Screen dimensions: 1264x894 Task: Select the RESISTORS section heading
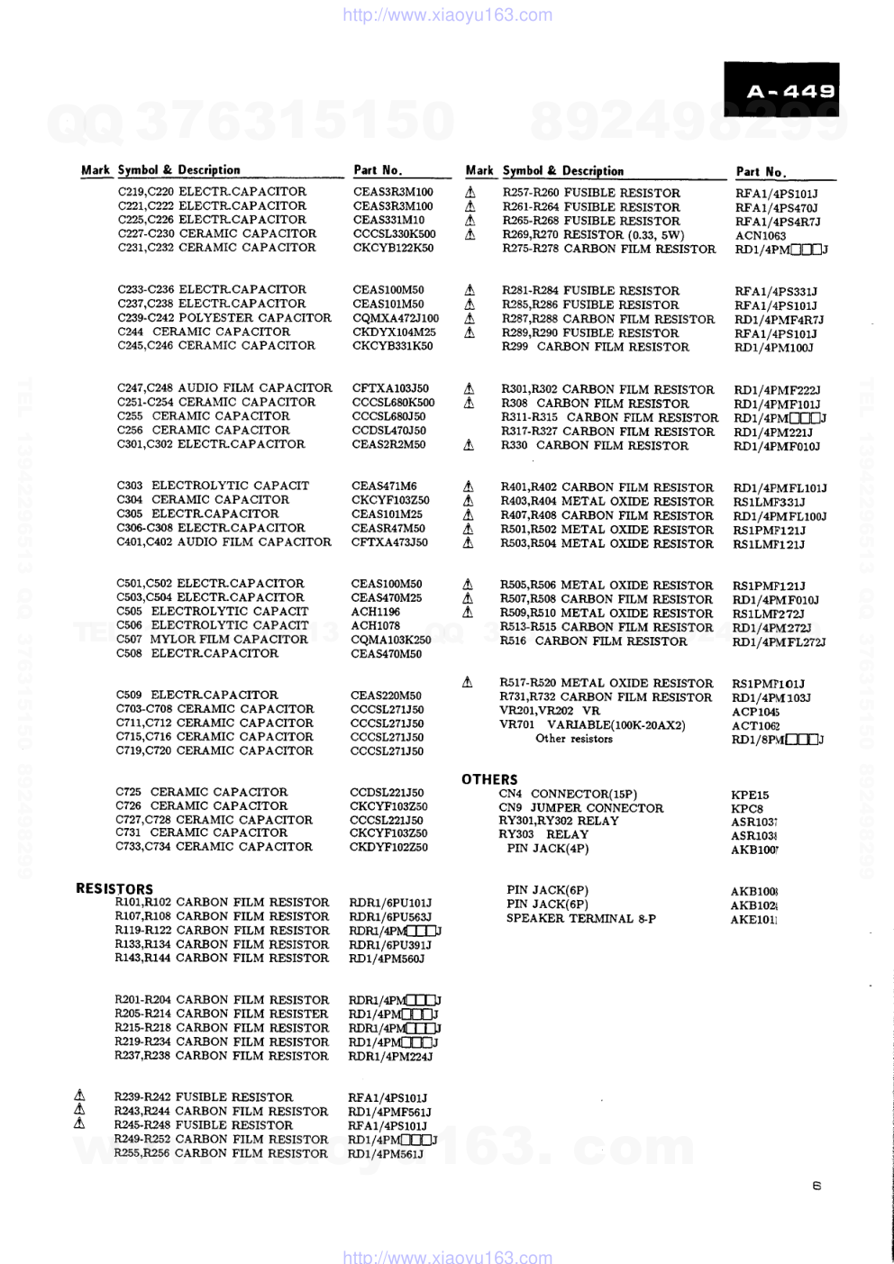click(x=114, y=888)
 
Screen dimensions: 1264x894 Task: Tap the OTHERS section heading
click(x=489, y=779)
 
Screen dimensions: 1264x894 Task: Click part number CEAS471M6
click(x=384, y=486)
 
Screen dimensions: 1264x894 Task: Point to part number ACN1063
click(x=761, y=236)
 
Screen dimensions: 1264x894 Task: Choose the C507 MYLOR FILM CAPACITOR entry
click(x=212, y=639)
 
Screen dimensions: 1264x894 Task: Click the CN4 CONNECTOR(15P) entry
click(x=568, y=794)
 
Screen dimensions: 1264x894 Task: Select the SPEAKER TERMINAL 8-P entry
click(x=580, y=918)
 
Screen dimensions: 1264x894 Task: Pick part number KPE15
click(x=750, y=796)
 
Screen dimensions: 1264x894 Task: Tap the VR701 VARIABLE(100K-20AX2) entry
click(x=592, y=724)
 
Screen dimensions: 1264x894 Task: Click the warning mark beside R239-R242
click(x=79, y=1096)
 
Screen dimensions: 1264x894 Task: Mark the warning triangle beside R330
click(x=469, y=445)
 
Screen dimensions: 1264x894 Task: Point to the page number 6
click(x=816, y=1186)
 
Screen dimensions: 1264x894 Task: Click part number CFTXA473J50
click(x=389, y=542)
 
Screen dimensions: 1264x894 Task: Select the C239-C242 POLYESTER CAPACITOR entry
click(x=224, y=317)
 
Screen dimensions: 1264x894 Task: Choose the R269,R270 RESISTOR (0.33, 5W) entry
click(x=593, y=235)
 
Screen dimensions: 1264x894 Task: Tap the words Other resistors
click(x=573, y=739)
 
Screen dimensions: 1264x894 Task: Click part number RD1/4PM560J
click(x=386, y=959)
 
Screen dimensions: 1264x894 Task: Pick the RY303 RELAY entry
click(x=543, y=834)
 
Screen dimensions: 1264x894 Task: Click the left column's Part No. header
click(x=378, y=170)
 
